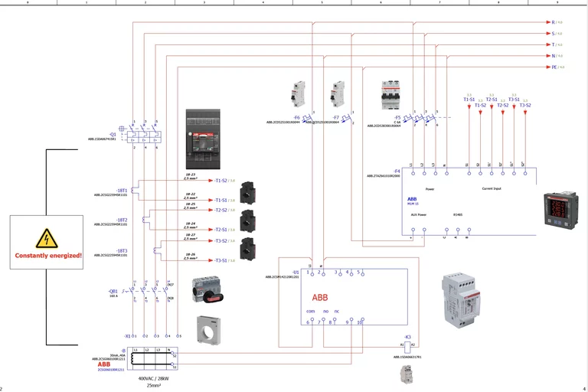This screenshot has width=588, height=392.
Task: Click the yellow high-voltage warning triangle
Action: pyautogui.click(x=47, y=239)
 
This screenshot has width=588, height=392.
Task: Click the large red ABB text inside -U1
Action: pyautogui.click(x=320, y=297)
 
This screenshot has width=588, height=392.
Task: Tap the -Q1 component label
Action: pyautogui.click(x=113, y=133)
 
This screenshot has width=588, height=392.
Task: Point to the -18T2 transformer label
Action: pyautogui.click(x=122, y=220)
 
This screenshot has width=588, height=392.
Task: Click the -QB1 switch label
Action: pyautogui.click(x=113, y=291)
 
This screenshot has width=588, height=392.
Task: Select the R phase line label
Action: pyautogui.click(x=554, y=22)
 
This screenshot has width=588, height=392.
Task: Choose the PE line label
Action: pyautogui.click(x=554, y=67)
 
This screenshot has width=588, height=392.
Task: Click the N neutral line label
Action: pyautogui.click(x=554, y=56)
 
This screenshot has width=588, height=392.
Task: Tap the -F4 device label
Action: pyautogui.click(x=397, y=171)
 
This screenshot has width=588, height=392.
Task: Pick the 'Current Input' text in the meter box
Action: pyautogui.click(x=492, y=188)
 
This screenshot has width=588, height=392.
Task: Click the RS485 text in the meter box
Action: pyautogui.click(x=458, y=215)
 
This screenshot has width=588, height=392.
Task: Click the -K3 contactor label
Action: pyautogui.click(x=407, y=337)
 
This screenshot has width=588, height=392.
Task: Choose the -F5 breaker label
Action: pyautogui.click(x=397, y=117)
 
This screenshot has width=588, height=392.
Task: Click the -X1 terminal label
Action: pyautogui.click(x=127, y=335)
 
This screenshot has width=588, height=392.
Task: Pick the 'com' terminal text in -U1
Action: pyautogui.click(x=310, y=311)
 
